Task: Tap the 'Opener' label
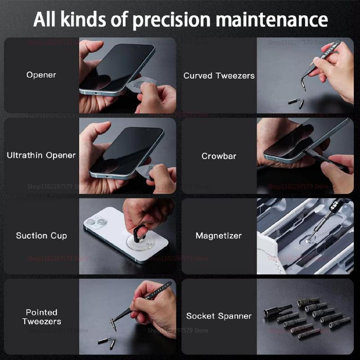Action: (41, 75)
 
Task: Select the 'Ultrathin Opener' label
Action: (41, 155)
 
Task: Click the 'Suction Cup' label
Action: (41, 235)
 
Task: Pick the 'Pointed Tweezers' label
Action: (41, 316)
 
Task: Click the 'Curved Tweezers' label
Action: (219, 76)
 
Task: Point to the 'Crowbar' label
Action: (219, 156)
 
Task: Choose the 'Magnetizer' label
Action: (219, 235)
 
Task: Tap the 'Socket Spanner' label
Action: (219, 316)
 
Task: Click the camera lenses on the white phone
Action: (96, 221)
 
